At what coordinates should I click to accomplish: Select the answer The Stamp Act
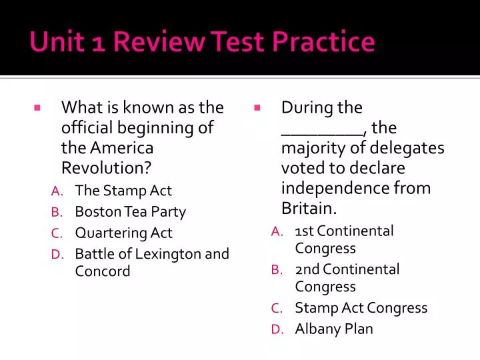(x=123, y=191)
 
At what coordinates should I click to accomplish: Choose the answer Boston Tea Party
(x=130, y=212)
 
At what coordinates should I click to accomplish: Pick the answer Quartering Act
(x=123, y=233)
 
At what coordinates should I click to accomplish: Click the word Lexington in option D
(x=168, y=253)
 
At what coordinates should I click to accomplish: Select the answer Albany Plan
(x=334, y=329)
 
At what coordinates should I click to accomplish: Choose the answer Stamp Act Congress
(x=361, y=308)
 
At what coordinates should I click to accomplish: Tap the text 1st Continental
(x=344, y=231)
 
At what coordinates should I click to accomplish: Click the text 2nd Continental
(x=347, y=269)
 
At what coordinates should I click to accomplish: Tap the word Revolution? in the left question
(x=106, y=167)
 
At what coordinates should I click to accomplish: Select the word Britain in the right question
(x=307, y=208)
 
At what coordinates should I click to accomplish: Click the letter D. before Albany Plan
(x=277, y=329)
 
